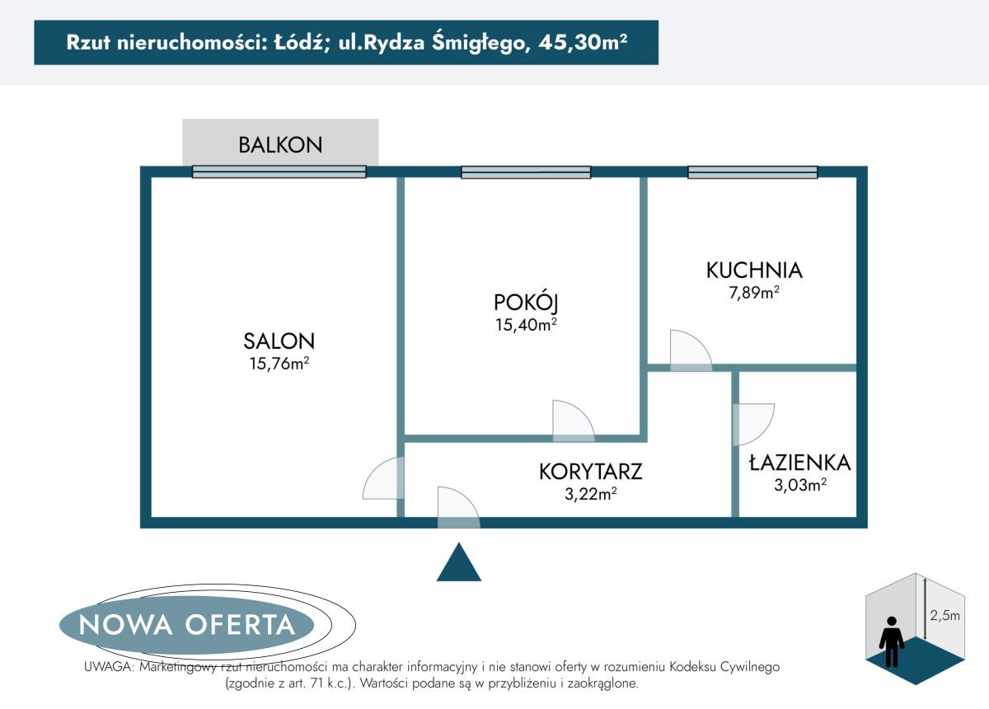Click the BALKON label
click(280, 145)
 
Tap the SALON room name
click(279, 340)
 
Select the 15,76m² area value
click(279, 364)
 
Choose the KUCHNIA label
click(753, 270)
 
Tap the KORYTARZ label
click(590, 472)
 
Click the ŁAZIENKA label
click(799, 462)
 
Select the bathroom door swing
click(752, 423)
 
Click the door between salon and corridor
click(383, 480)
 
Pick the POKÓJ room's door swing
click(571, 420)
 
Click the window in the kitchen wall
click(752, 172)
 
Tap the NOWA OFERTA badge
click(186, 624)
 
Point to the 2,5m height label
click(944, 615)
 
